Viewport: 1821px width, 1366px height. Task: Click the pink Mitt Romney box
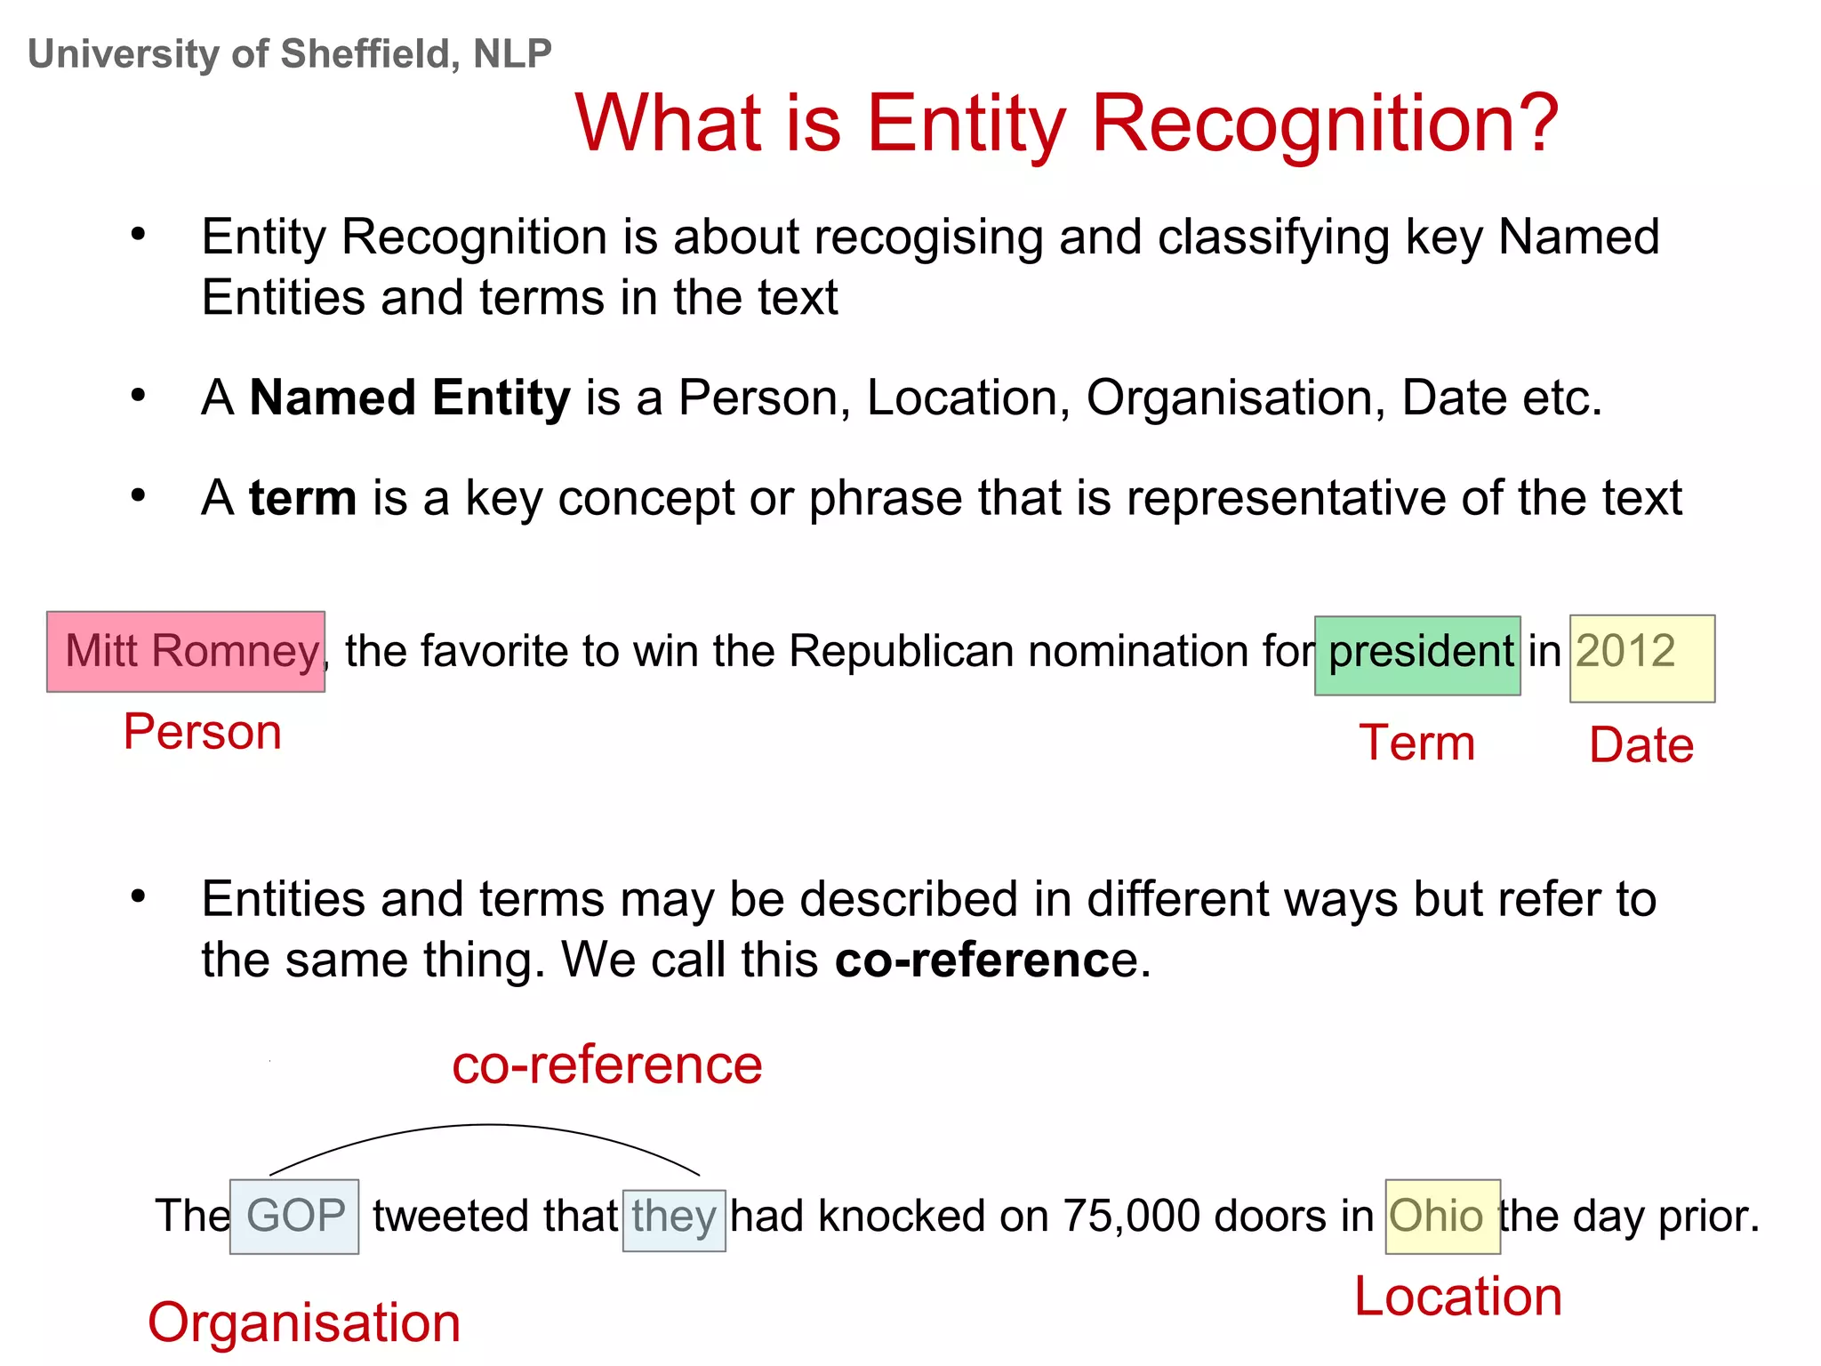click(185, 652)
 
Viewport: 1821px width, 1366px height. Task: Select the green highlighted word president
click(1417, 655)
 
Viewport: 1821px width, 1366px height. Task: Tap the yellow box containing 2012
click(1641, 658)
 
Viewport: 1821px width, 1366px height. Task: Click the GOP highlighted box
click(294, 1217)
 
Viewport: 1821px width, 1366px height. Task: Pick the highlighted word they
click(674, 1219)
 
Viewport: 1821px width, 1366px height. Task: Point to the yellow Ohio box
click(1442, 1217)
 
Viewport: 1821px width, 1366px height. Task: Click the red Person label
click(202, 732)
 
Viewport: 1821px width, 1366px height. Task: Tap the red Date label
click(1641, 745)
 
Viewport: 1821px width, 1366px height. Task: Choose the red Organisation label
click(304, 1322)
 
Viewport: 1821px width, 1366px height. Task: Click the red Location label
click(1457, 1297)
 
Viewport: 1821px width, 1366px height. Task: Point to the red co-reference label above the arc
click(606, 1065)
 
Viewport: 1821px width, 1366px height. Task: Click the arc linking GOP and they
click(487, 1126)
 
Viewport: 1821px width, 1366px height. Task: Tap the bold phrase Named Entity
click(410, 398)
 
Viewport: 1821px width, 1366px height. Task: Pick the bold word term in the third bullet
click(303, 498)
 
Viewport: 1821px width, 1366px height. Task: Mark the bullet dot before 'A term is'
click(138, 495)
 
